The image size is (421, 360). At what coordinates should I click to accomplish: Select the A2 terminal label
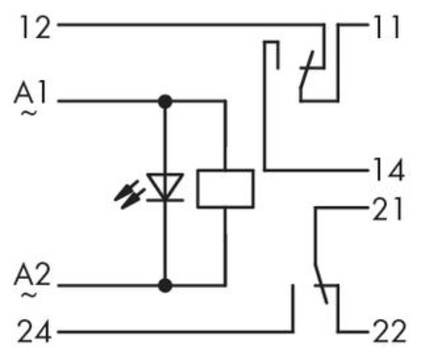pos(32,278)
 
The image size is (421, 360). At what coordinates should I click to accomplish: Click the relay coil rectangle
pos(226,188)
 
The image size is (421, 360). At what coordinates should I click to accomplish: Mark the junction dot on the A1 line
pos(165,101)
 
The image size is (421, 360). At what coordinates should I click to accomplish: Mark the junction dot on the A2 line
pos(165,285)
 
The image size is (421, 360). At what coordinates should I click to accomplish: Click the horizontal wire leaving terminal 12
pos(189,25)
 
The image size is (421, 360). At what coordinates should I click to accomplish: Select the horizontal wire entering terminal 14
pos(316,170)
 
